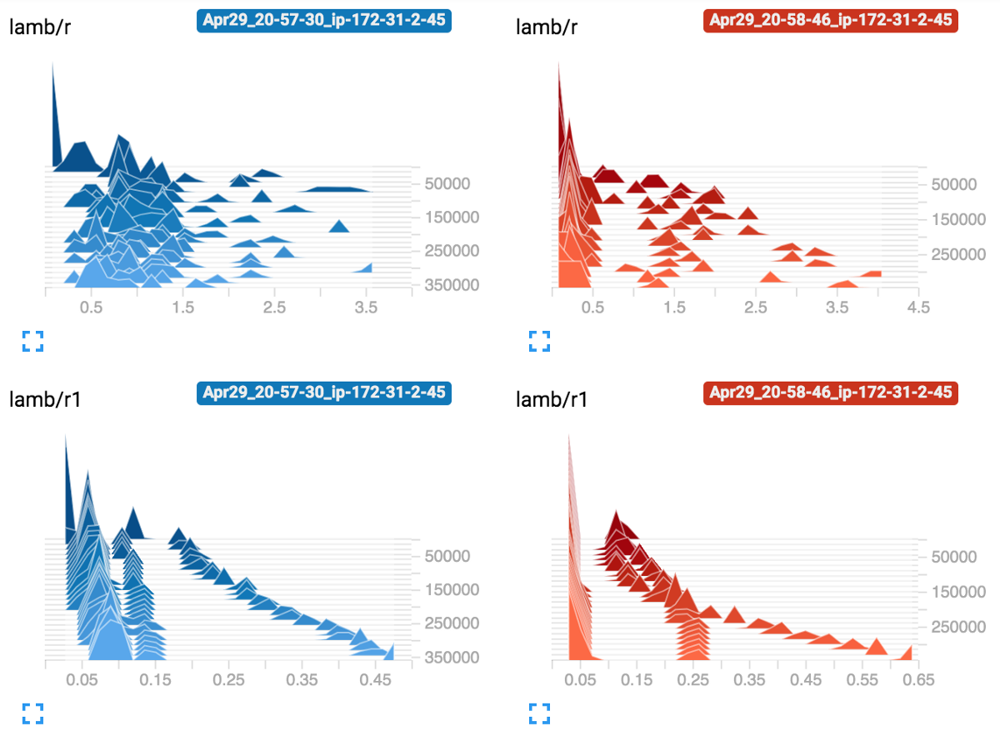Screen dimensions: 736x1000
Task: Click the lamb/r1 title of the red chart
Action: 552,399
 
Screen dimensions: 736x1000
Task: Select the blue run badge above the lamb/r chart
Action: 323,21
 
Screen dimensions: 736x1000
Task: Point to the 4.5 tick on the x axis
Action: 918,308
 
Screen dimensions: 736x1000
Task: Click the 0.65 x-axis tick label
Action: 917,680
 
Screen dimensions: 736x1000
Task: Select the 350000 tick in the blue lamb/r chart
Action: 452,285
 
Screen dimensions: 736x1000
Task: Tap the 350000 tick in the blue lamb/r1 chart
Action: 452,658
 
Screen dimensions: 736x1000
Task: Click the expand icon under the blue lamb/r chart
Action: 32,340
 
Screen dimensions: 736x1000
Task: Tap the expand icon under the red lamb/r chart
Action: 540,340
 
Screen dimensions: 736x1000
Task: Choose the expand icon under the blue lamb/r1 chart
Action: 32,713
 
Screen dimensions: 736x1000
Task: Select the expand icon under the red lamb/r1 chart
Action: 540,713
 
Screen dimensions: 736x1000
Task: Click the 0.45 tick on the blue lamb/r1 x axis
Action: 376,680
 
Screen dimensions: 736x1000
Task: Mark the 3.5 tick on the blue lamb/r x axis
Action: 366,308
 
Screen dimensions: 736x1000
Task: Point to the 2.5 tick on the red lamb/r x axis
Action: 756,308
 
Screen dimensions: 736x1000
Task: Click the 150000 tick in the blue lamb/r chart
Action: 452,218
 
